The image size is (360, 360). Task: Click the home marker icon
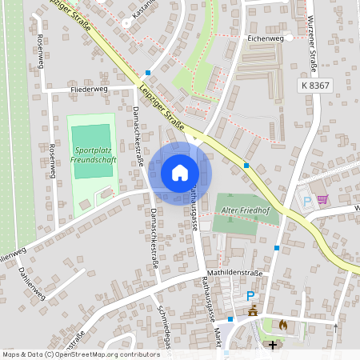coord(180,172)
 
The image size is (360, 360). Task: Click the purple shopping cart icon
coord(322,199)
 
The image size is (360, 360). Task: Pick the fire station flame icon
coord(282,325)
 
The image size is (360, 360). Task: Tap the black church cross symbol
coord(273,346)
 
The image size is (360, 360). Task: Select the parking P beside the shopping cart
coord(305,200)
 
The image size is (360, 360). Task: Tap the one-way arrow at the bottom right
coord(336,327)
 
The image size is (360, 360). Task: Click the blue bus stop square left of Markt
coord(230,319)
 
